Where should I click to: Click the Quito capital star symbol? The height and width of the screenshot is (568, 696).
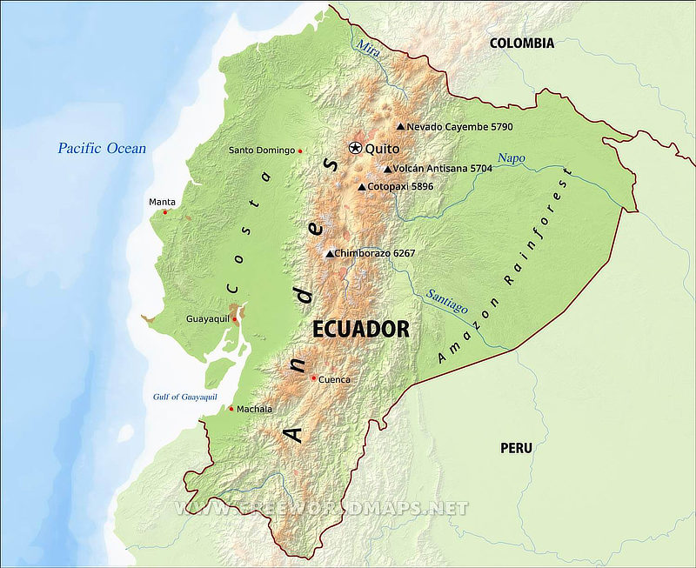coord(356,148)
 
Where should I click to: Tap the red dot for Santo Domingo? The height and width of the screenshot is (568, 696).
coord(300,151)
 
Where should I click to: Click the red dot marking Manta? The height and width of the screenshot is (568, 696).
coord(164,212)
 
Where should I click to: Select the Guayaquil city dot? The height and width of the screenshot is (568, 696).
coord(234,319)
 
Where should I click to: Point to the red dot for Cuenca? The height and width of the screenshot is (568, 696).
coord(313,378)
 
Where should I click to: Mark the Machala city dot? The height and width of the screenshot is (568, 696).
coord(231,409)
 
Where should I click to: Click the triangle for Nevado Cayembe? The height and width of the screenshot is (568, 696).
coord(400,126)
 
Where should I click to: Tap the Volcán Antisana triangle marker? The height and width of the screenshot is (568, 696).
coord(387,169)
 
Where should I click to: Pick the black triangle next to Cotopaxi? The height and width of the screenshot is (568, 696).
coord(362,187)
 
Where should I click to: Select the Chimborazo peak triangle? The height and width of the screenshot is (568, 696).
coord(329,254)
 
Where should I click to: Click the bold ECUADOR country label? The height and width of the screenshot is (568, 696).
coord(360,329)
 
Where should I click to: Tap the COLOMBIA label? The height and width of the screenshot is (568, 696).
coord(521,43)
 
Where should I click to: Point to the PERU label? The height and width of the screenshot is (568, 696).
coord(516,448)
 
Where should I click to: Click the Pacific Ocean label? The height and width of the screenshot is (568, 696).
coord(102,148)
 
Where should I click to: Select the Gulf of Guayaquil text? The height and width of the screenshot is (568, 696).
coord(184,397)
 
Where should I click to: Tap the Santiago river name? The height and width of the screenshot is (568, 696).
coord(446,300)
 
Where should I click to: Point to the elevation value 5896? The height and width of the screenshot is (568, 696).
coord(418,187)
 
